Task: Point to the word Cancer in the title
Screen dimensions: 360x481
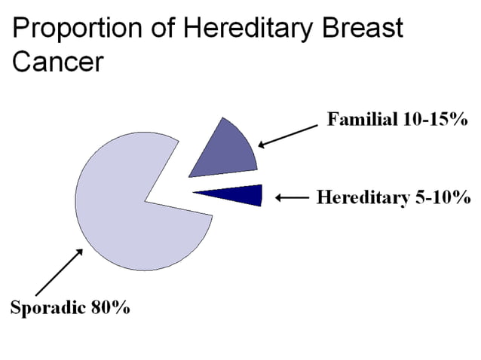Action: [57, 61]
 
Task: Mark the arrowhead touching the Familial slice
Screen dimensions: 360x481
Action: [261, 145]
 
